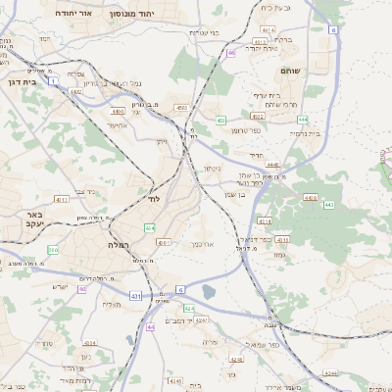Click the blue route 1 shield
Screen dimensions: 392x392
(x=54, y=80)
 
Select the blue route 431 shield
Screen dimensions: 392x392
(x=134, y=296)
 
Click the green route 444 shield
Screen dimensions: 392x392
(x=302, y=119)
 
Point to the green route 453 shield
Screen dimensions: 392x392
(x=221, y=121)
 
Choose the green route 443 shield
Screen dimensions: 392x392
(x=328, y=205)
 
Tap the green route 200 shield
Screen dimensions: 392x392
(x=53, y=251)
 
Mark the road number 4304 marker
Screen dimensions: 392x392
(x=88, y=343)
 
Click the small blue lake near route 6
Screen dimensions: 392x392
(x=208, y=290)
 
